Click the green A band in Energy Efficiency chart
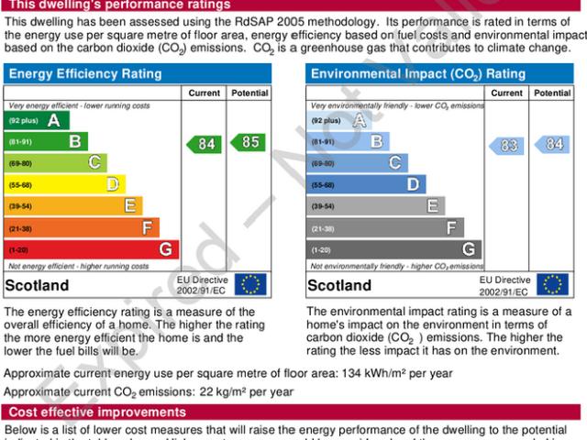(x=37, y=120)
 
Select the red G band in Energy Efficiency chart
(x=92, y=249)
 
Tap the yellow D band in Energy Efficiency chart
(x=65, y=184)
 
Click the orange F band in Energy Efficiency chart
(x=83, y=227)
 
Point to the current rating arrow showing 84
(x=204, y=144)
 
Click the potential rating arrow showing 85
(x=249, y=143)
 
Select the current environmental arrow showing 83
(x=506, y=144)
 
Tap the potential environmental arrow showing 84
(x=551, y=144)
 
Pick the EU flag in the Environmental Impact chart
(x=551, y=284)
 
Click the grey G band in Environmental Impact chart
(x=393, y=249)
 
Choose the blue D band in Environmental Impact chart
(x=366, y=184)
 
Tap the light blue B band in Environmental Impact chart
(x=348, y=142)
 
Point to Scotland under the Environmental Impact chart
(x=339, y=285)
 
